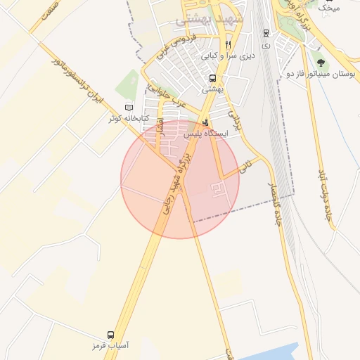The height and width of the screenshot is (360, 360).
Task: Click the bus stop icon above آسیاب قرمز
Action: pyautogui.click(x=110, y=335)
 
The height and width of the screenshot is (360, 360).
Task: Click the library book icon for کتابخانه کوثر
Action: pyautogui.click(x=128, y=108)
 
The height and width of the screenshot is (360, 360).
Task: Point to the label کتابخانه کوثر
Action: pyautogui.click(x=129, y=118)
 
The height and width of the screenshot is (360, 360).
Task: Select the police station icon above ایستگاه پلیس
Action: pyautogui.click(x=205, y=122)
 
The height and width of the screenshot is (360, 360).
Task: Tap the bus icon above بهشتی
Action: pyautogui.click(x=212, y=79)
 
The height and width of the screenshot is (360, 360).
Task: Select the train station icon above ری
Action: pyautogui.click(x=265, y=32)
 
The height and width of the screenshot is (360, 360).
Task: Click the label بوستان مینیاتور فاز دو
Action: pyautogui.click(x=322, y=73)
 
